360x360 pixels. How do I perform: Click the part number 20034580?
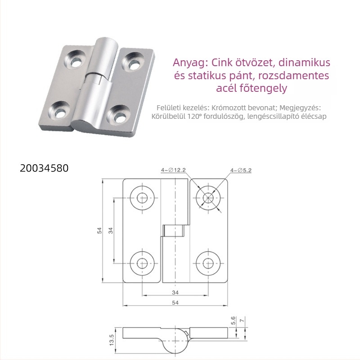[x=44, y=168]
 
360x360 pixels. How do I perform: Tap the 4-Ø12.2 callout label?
[x=173, y=170]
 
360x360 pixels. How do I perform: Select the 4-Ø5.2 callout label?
[x=241, y=171]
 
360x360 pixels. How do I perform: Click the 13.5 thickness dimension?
[x=112, y=340]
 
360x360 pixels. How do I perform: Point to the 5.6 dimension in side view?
[x=233, y=320]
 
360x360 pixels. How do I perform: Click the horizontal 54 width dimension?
[x=175, y=303]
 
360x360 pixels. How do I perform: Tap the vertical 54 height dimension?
[x=99, y=230]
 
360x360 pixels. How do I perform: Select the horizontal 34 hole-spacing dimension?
[x=175, y=292]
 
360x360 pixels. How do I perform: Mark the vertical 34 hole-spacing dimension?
[x=111, y=230]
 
